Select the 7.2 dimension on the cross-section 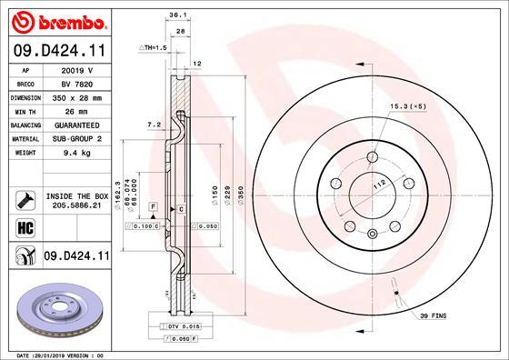(154, 123)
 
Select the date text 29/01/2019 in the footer (56, 355)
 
